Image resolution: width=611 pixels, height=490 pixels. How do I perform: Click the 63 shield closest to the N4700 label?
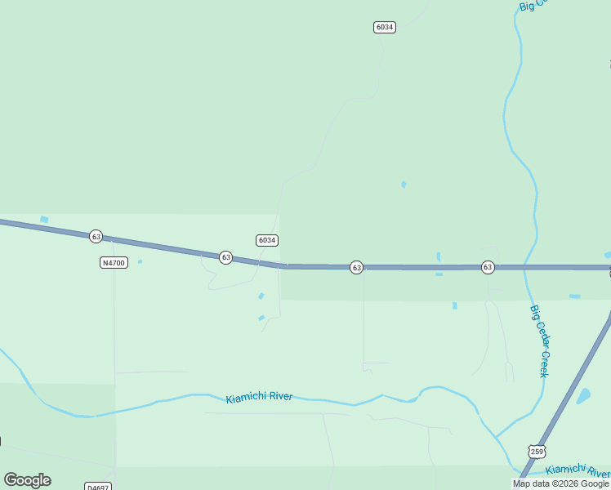pyautogui.click(x=96, y=236)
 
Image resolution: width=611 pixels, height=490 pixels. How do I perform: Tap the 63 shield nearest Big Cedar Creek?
pyautogui.click(x=488, y=267)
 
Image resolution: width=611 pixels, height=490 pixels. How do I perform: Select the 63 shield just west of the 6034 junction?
pyautogui.click(x=226, y=257)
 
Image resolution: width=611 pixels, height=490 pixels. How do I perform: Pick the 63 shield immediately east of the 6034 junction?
pyautogui.click(x=356, y=267)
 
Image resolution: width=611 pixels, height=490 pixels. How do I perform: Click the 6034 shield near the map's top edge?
pyautogui.click(x=385, y=27)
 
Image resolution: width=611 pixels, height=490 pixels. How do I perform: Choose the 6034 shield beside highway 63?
pyautogui.click(x=267, y=240)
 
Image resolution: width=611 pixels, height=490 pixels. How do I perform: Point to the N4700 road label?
pyautogui.click(x=114, y=262)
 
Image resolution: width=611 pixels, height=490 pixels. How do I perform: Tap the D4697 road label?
pyautogui.click(x=97, y=487)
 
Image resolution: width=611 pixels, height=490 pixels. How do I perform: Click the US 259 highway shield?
pyautogui.click(x=536, y=451)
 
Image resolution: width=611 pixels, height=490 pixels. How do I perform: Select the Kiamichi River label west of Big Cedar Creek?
pyautogui.click(x=259, y=398)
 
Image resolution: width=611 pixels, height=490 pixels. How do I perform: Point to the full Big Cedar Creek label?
pyautogui.click(x=539, y=341)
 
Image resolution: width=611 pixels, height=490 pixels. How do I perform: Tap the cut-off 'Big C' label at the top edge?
pyautogui.click(x=536, y=5)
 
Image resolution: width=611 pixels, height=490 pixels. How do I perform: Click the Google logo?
pyautogui.click(x=27, y=480)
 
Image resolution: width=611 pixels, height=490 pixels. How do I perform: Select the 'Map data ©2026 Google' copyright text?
pyautogui.click(x=561, y=483)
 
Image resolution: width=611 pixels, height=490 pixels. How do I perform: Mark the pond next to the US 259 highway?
pyautogui.click(x=583, y=396)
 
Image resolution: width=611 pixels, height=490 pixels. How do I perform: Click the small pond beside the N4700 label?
pyautogui.click(x=140, y=261)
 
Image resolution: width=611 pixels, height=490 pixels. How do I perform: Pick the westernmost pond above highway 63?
pyautogui.click(x=44, y=219)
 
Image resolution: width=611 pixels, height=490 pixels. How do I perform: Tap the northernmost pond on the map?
pyautogui.click(x=404, y=185)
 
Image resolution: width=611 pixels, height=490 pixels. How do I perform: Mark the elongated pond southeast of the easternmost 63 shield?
pyautogui.click(x=574, y=296)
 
